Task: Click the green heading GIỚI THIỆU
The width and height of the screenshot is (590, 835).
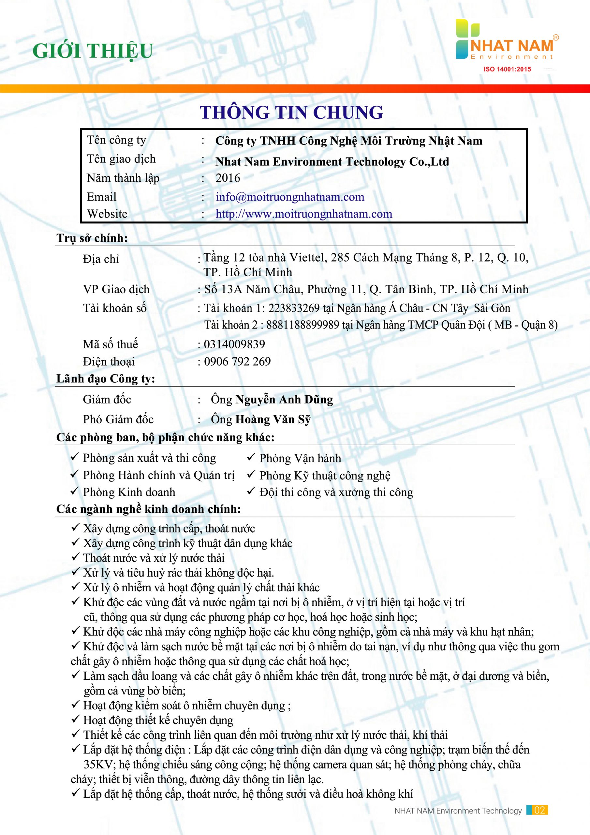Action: click(x=92, y=51)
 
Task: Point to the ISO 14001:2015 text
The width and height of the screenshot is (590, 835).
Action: click(x=507, y=69)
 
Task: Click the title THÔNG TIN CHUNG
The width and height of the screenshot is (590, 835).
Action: click(x=291, y=113)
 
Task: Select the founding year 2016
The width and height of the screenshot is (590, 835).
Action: click(x=228, y=178)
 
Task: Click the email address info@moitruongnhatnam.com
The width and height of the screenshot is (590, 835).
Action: click(x=290, y=197)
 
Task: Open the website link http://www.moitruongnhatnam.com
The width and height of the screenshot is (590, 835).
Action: click(x=304, y=214)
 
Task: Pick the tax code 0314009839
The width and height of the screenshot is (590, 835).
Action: click(x=234, y=344)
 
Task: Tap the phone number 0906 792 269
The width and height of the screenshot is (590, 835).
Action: click(x=237, y=361)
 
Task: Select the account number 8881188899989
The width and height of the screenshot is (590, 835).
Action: click(x=303, y=325)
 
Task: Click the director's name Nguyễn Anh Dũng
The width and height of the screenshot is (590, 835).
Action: click(x=284, y=400)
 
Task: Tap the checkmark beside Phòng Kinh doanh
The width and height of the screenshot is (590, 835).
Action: click(x=75, y=491)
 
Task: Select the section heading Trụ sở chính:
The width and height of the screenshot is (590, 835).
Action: click(x=92, y=238)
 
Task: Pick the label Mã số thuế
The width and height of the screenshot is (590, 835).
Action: click(x=111, y=344)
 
